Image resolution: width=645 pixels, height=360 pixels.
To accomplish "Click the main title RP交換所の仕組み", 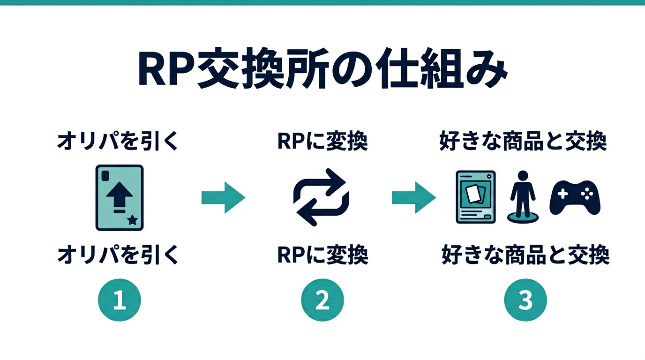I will click(322, 72).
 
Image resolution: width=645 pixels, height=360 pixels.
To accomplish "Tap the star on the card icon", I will click(133, 219).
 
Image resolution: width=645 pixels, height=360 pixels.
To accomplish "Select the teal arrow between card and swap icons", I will click(223, 198).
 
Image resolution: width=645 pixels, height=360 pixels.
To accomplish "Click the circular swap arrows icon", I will click(321, 197).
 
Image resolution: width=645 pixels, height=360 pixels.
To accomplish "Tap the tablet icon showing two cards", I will click(476, 196).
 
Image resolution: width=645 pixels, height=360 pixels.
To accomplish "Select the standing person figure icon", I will click(523, 195).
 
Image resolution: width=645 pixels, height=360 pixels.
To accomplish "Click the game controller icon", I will click(575, 197).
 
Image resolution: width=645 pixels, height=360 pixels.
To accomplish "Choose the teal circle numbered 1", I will click(119, 300).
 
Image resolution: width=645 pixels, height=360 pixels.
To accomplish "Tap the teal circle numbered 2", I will click(322, 300).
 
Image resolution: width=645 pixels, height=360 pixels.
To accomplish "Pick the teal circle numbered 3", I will click(525, 300).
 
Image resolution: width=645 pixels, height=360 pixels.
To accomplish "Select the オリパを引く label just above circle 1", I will click(118, 256).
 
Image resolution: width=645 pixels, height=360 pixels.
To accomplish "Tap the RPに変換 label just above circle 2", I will click(322, 256).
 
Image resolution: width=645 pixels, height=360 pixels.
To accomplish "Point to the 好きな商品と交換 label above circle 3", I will click(525, 256).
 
